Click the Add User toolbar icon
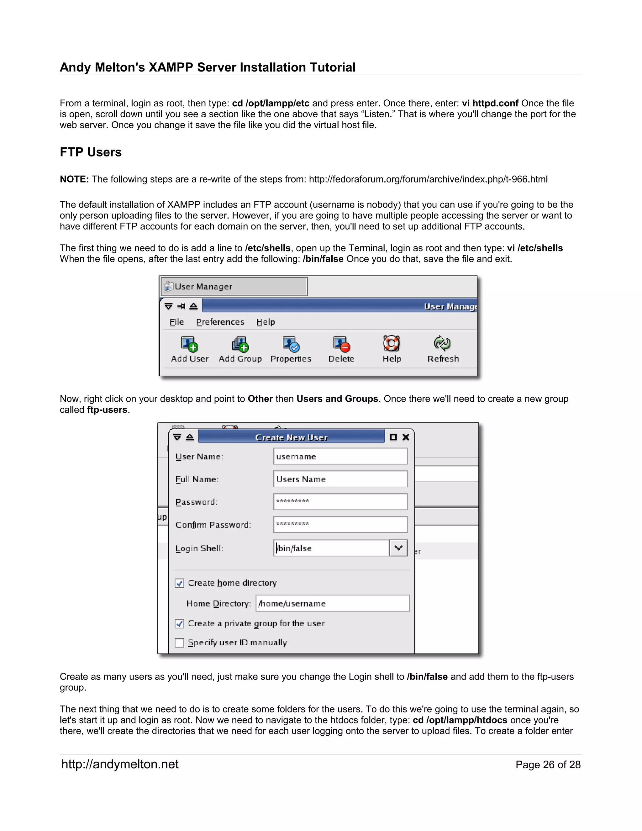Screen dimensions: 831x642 [189, 344]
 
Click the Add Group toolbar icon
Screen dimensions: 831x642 [240, 344]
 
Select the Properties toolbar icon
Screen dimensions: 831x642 [291, 344]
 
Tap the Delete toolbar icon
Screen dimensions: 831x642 [341, 344]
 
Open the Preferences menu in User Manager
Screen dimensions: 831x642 [220, 322]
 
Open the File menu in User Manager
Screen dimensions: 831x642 [176, 322]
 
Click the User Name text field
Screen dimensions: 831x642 [340, 456]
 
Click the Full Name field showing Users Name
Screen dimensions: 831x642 [340, 479]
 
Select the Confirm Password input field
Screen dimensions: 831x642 [340, 524]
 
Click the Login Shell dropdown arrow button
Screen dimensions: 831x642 [398, 548]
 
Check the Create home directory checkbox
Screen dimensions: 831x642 [180, 583]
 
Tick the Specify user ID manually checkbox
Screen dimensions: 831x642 [180, 643]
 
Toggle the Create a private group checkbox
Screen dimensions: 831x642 [180, 624]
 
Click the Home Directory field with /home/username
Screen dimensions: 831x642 [332, 603]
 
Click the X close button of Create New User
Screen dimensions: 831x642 [406, 437]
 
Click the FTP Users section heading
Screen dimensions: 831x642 [91, 152]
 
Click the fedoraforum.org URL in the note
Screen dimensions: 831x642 [428, 179]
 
